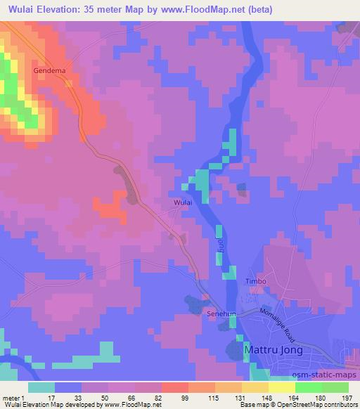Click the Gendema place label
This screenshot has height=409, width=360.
click(49, 71)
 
